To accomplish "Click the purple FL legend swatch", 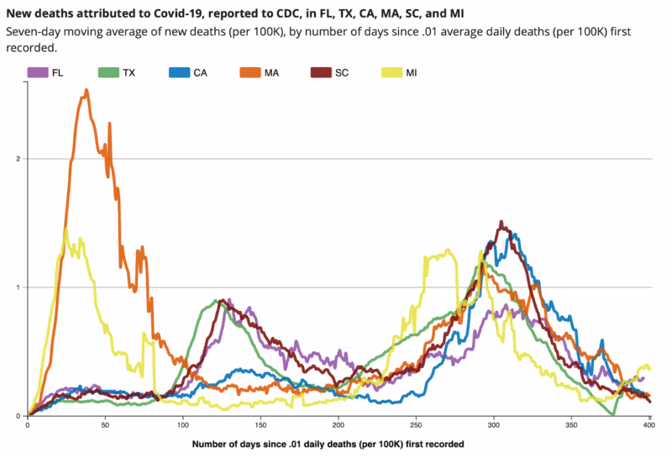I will coord(36,73).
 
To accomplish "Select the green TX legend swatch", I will coord(108,73).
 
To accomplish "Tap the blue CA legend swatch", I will coord(178,73).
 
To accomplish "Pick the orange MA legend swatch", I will coord(248,73).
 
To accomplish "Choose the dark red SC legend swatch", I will coord(320,73).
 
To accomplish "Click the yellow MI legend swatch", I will coord(391,73).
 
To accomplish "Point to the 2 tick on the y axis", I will coord(18,159).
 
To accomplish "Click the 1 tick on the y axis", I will coord(18,287).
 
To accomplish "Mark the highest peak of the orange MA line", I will coord(87,90).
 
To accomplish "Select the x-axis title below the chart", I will coord(328,443).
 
